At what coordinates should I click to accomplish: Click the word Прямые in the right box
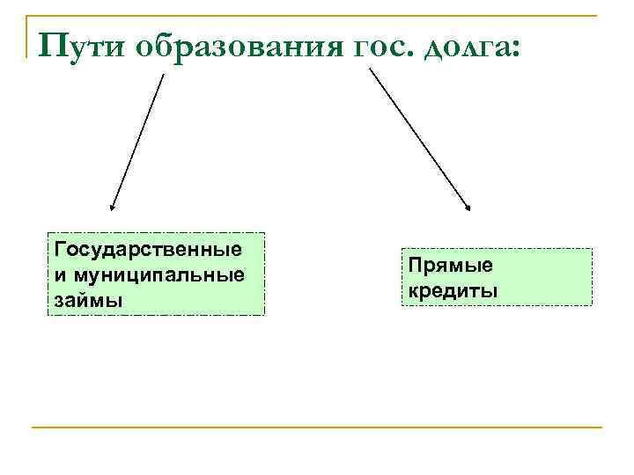[450, 265]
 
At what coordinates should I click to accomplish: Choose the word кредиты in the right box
[452, 289]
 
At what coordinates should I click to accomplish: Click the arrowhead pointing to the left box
[112, 208]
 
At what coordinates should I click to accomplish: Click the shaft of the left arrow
[138, 141]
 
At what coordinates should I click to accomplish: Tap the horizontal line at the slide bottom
[317, 427]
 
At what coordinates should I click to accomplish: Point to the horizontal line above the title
[317, 15]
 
